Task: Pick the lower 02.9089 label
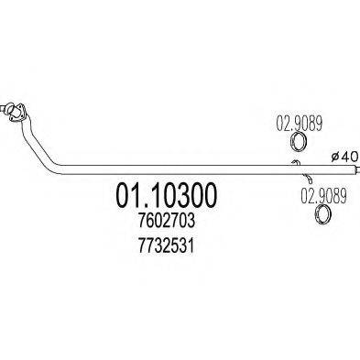click(x=322, y=195)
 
